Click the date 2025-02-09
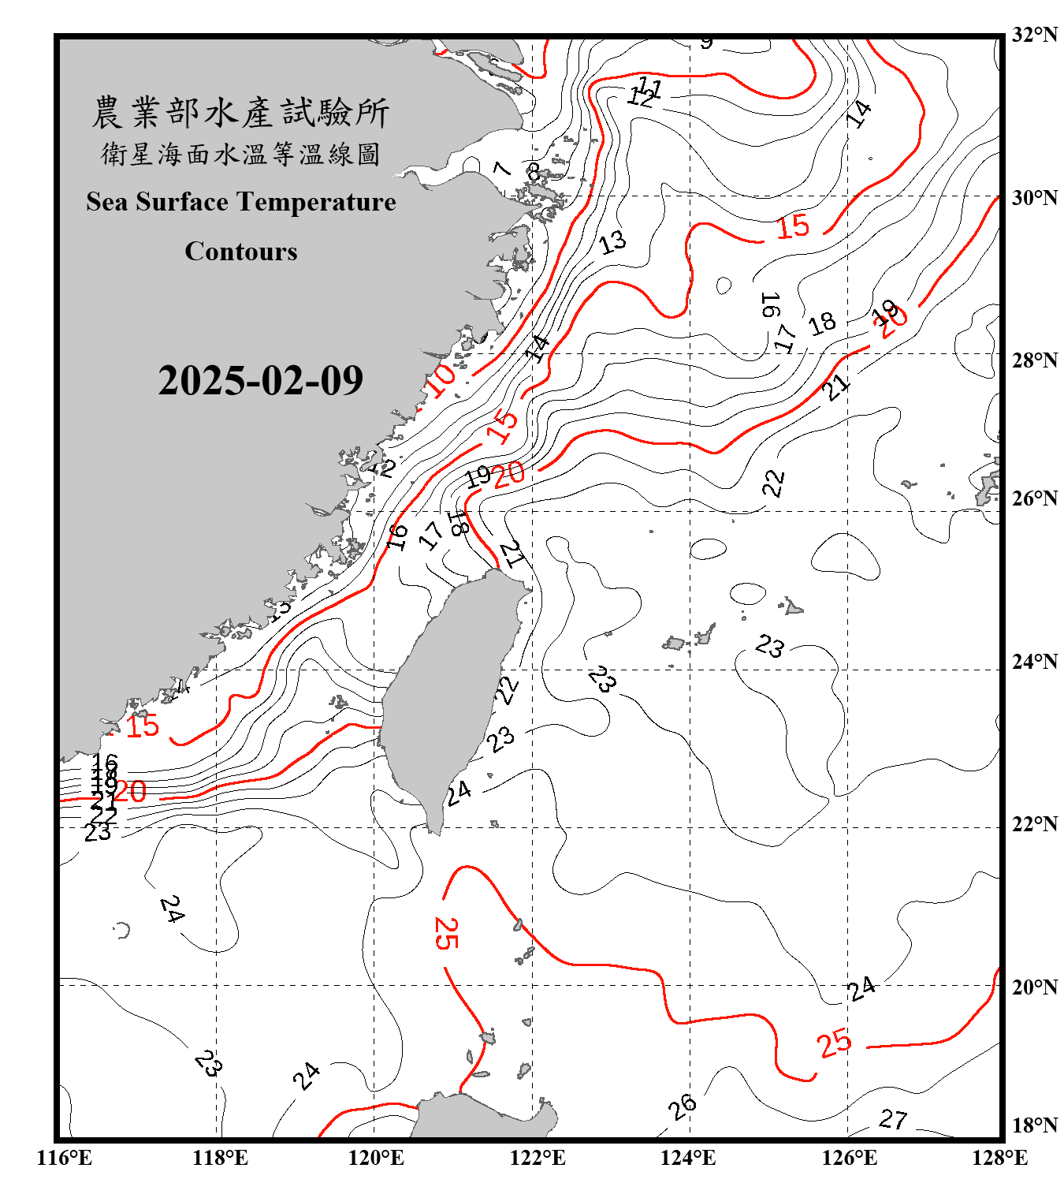pyautogui.click(x=260, y=381)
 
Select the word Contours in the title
pyautogui.click(x=241, y=252)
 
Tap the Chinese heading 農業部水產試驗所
pyautogui.click(x=240, y=113)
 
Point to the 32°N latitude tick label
pyautogui.click(x=1034, y=35)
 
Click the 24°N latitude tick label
pyautogui.click(x=1034, y=662)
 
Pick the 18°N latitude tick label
pyautogui.click(x=1034, y=1125)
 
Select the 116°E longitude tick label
pyautogui.click(x=65, y=1158)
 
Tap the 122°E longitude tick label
pyautogui.click(x=538, y=1158)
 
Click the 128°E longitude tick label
pyautogui.click(x=999, y=1158)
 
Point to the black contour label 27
pyautogui.click(x=893, y=1119)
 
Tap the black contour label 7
pyautogui.click(x=501, y=168)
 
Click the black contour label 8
pyautogui.click(x=534, y=171)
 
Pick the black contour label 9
pyautogui.click(x=706, y=43)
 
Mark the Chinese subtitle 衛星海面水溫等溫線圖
pyautogui.click(x=240, y=154)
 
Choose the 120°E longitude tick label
pyautogui.click(x=376, y=1158)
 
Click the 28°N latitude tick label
pyautogui.click(x=1034, y=360)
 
